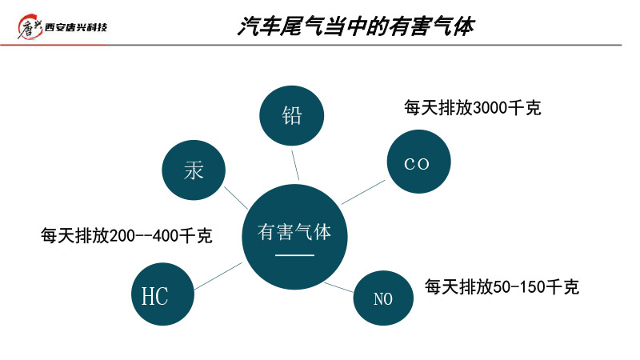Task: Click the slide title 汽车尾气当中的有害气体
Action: [x=355, y=27]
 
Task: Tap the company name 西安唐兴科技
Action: [x=77, y=29]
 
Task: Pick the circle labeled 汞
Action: [x=194, y=170]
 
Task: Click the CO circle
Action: [x=418, y=163]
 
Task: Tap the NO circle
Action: [x=383, y=299]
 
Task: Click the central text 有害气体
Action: [x=294, y=232]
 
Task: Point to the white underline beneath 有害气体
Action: [x=294, y=254]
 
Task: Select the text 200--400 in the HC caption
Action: [x=143, y=236]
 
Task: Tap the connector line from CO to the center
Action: [x=364, y=192]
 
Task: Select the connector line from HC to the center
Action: [x=218, y=275]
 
